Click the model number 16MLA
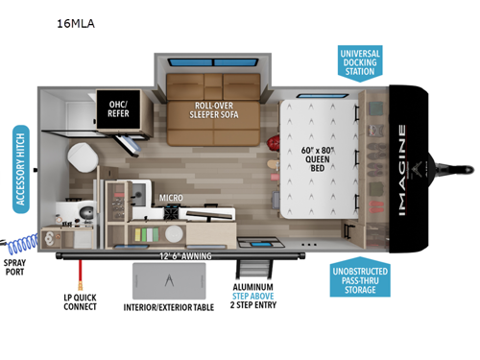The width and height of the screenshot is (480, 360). [x=82, y=20]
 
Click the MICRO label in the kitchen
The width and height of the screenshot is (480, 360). [x=172, y=202]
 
